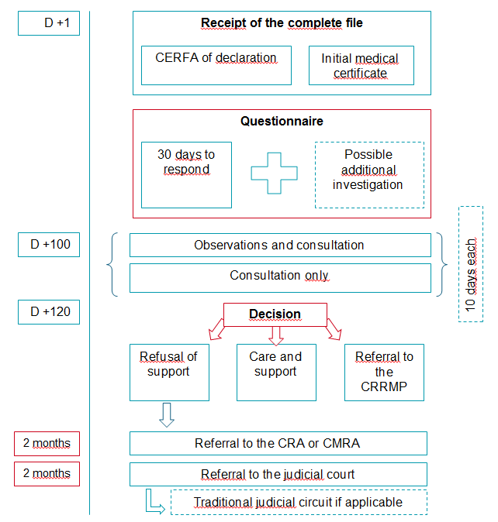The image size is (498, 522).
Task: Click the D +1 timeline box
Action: (x=49, y=23)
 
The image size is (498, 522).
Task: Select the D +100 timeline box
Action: (x=49, y=245)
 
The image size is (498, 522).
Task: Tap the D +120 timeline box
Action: (x=49, y=312)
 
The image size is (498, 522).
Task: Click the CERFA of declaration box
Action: (x=216, y=65)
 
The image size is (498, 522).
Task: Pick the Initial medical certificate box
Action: (x=361, y=66)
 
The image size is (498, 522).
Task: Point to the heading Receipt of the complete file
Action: (x=282, y=23)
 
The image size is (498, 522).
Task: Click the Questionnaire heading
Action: (x=282, y=122)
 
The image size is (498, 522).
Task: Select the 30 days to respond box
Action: (x=186, y=174)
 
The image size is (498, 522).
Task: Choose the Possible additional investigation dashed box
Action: (x=369, y=174)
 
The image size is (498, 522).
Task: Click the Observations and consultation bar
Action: (x=279, y=245)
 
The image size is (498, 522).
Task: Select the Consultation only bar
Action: (x=279, y=276)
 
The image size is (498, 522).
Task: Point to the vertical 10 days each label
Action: (x=471, y=264)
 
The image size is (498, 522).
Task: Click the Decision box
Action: (x=274, y=314)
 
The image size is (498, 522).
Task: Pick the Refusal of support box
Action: (x=169, y=372)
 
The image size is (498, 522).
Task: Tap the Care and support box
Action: (x=275, y=372)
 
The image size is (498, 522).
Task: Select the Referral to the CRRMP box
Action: (x=385, y=372)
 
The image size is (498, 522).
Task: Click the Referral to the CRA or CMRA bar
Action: (x=278, y=444)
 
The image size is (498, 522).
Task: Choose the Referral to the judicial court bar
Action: (x=278, y=474)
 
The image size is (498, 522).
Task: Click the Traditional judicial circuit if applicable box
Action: (x=299, y=502)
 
